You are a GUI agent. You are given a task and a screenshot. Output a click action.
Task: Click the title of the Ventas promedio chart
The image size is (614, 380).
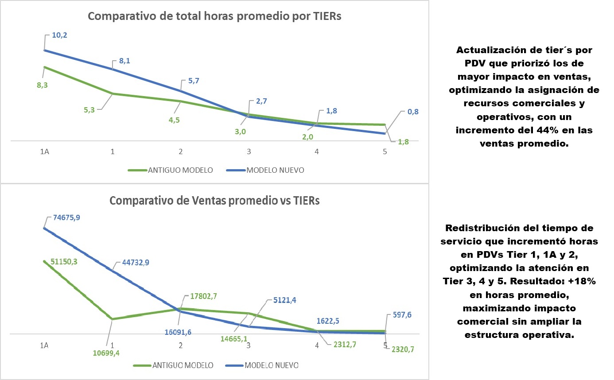coord(214,201)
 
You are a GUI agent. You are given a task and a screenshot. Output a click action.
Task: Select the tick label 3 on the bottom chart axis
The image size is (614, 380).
coord(249,345)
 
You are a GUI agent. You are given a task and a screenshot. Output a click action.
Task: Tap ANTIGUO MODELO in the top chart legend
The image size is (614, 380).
coord(180,171)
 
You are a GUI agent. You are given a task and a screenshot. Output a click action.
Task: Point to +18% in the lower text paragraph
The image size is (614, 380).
coord(581,282)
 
